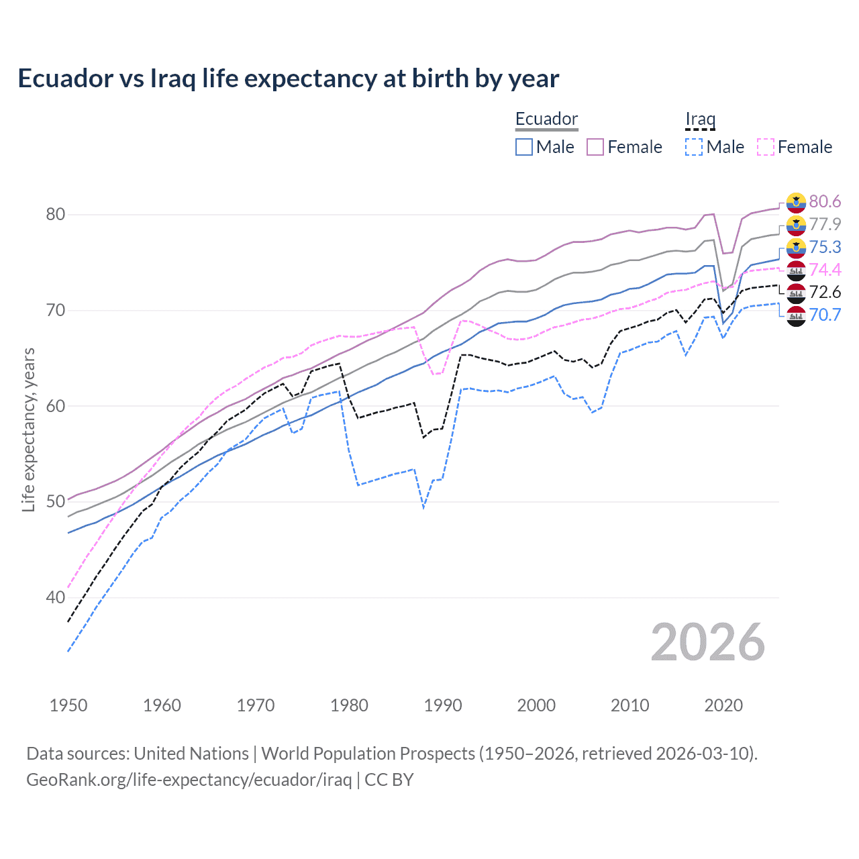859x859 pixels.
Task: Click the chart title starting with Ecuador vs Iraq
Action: click(288, 79)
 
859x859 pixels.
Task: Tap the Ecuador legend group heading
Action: click(546, 119)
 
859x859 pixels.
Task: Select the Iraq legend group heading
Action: click(700, 119)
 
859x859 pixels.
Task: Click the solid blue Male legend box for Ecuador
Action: click(524, 147)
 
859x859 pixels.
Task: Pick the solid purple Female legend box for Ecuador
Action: click(595, 147)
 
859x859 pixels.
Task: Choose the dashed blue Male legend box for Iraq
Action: click(694, 147)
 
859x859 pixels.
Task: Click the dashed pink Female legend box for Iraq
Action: click(766, 147)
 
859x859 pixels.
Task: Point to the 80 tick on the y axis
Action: click(55, 215)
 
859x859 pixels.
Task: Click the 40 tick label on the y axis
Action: click(55, 597)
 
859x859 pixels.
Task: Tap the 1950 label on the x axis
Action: click(68, 705)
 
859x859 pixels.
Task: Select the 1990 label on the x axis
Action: click(443, 705)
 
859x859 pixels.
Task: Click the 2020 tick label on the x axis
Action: click(723, 705)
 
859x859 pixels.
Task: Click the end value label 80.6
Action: click(825, 202)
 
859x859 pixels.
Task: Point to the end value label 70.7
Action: click(825, 315)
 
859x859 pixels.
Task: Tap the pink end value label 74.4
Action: click(825, 270)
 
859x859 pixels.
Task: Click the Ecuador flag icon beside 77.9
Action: click(796, 225)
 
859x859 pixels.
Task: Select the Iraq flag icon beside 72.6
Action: click(796, 293)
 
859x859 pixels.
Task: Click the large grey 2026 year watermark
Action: click(708, 643)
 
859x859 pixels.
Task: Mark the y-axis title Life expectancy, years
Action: click(29, 429)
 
